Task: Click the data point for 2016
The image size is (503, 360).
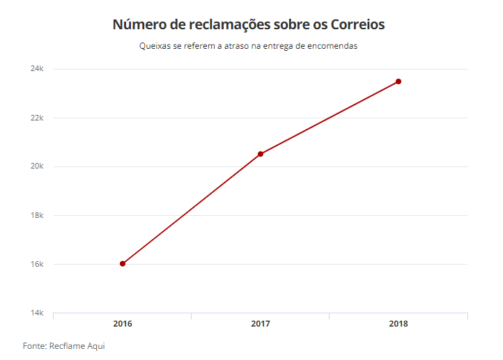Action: point(123,264)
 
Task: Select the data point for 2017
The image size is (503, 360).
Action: point(261,154)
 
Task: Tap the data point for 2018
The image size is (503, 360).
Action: point(398,81)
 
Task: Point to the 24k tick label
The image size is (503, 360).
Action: point(37,69)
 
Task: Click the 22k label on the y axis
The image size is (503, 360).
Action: point(37,118)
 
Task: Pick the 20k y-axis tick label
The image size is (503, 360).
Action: point(37,166)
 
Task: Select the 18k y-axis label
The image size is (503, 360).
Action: point(37,216)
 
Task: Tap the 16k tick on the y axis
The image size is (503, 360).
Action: point(37,265)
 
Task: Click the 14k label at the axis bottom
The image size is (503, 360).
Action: point(37,313)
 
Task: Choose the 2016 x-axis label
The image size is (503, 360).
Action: point(123,324)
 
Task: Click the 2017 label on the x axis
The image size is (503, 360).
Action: point(261,324)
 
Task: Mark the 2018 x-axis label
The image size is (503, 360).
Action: point(398,324)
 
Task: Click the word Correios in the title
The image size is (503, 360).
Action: point(354,24)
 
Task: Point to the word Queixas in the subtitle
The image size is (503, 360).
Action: point(154,46)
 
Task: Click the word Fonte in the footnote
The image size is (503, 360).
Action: point(34,346)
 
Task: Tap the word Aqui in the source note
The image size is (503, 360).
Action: point(95,346)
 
